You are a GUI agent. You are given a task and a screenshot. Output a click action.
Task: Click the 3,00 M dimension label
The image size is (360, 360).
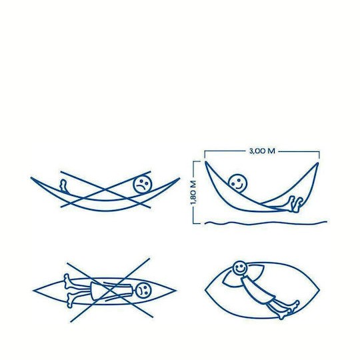pyautogui.click(x=262, y=151)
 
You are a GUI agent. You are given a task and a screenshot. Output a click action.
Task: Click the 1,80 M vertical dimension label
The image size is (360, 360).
pyautogui.click(x=193, y=193)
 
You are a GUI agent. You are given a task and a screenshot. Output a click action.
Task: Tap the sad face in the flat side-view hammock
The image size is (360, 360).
pyautogui.click(x=143, y=185)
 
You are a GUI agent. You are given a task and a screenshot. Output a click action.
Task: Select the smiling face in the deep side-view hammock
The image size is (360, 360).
pyautogui.click(x=238, y=183)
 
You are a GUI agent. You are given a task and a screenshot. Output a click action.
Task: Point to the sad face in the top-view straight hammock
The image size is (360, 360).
pyautogui.click(x=144, y=289)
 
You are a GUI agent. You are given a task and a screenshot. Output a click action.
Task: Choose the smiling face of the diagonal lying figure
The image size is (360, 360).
pyautogui.click(x=240, y=268)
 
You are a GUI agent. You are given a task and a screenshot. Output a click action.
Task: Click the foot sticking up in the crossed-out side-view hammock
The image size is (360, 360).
pyautogui.click(x=63, y=185)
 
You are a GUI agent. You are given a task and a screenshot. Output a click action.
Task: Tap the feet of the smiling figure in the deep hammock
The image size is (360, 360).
pyautogui.click(x=296, y=204)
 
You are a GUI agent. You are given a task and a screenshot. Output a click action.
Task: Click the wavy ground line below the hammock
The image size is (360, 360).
pyautogui.click(x=265, y=223)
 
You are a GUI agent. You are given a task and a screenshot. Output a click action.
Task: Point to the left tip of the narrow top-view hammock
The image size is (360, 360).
pyautogui.click(x=33, y=291)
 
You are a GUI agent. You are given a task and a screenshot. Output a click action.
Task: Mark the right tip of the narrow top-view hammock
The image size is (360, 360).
pyautogui.click(x=176, y=291)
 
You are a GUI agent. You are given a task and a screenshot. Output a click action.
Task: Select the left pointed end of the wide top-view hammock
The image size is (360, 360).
pyautogui.click(x=206, y=290)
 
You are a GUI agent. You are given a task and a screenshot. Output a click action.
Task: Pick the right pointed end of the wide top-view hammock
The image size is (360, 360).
pyautogui.click(x=319, y=290)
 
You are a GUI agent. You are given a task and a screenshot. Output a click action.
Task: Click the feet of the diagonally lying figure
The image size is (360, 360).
pyautogui.click(x=290, y=309)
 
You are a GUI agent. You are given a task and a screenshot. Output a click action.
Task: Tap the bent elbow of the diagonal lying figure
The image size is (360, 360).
pyautogui.click(x=223, y=281)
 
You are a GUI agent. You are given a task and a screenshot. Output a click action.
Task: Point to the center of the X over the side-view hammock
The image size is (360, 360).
pyautogui.click(x=105, y=189)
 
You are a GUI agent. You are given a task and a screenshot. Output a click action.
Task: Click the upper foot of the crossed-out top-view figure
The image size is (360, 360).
pyautogui.click(x=67, y=281)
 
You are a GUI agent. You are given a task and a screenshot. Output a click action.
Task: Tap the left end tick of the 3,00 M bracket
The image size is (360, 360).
pyautogui.click(x=205, y=154)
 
